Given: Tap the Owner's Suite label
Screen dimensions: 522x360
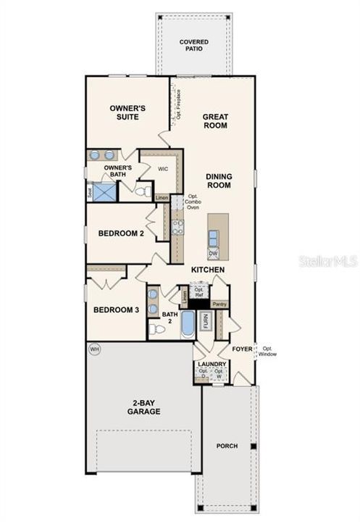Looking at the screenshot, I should [127, 112].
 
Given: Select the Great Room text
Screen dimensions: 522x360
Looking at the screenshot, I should [214, 120].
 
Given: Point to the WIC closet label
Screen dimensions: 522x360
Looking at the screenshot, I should [164, 168].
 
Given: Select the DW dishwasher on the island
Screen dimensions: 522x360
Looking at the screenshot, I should [214, 254].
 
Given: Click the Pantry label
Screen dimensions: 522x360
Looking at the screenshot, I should [219, 304].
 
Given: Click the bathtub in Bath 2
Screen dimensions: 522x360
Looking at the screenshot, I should [188, 323].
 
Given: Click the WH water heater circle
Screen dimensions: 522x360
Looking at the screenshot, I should [93, 349].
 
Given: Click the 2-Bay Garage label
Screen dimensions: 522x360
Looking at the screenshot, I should [146, 407].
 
